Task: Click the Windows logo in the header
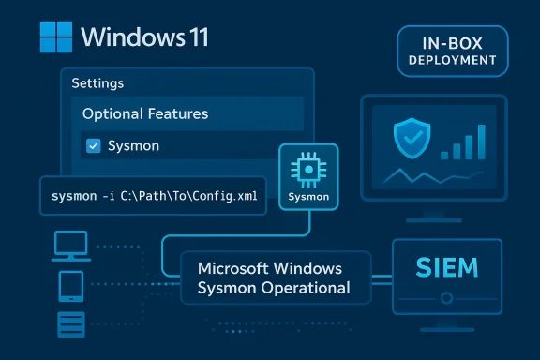pyautogui.click(x=55, y=38)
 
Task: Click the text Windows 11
pyautogui.click(x=144, y=38)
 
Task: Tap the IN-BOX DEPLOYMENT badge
pyautogui.click(x=453, y=51)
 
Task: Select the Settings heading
pyautogui.click(x=97, y=82)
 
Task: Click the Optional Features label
pyautogui.click(x=144, y=113)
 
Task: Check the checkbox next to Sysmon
pyautogui.click(x=93, y=145)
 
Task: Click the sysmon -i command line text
pyautogui.click(x=153, y=195)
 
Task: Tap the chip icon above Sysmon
pyautogui.click(x=308, y=170)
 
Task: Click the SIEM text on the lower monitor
pyautogui.click(x=446, y=268)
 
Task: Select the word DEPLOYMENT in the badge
pyautogui.click(x=453, y=59)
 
